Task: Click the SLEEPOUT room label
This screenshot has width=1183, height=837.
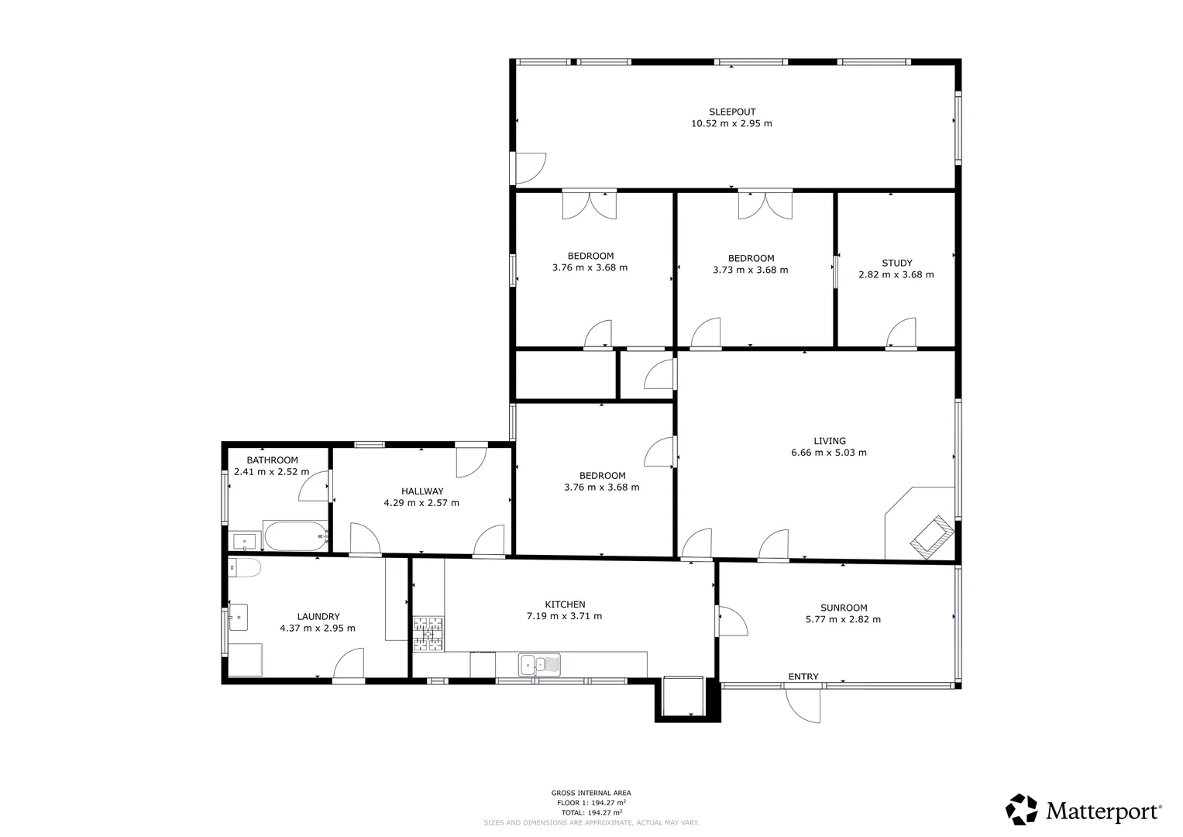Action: click(731, 112)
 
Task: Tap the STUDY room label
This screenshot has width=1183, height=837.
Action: click(896, 263)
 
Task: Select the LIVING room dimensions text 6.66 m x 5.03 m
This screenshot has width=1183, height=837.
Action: click(828, 453)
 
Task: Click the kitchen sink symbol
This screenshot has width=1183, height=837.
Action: click(540, 664)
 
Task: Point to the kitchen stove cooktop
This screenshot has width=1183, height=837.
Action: click(428, 632)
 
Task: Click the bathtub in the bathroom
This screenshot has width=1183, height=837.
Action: click(295, 535)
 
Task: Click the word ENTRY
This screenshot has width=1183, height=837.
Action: click(803, 677)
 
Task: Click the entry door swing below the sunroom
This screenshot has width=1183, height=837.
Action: click(804, 704)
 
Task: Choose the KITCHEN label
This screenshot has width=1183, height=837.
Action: click(565, 604)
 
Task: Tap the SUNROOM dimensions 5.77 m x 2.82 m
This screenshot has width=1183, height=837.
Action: click(843, 619)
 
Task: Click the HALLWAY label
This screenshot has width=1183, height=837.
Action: click(422, 491)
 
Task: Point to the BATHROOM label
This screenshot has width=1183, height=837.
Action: click(272, 460)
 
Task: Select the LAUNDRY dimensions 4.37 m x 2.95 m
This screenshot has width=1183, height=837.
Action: click(317, 629)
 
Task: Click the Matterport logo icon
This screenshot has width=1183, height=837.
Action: click(1022, 810)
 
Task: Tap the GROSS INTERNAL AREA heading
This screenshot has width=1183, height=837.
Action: click(590, 793)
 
